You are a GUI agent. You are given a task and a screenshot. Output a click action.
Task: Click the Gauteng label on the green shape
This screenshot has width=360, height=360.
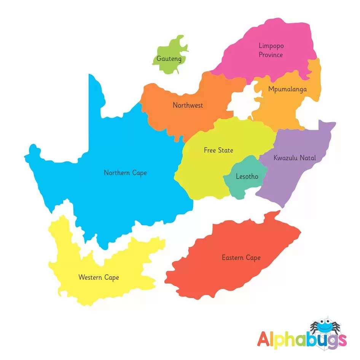[169, 59]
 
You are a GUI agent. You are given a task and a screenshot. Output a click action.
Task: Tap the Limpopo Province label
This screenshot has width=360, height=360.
[271, 50]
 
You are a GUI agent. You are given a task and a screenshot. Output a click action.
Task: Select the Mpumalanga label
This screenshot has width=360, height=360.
[287, 89]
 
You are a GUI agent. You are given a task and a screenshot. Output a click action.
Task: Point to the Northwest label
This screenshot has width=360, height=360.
[188, 105]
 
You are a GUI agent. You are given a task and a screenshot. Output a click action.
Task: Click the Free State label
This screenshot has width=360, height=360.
[218, 150]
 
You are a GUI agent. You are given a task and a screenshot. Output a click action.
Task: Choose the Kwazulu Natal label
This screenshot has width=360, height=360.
[295, 158]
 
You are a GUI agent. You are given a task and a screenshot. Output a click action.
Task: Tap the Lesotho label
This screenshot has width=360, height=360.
[247, 177]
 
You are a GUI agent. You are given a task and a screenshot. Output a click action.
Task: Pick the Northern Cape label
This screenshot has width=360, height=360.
[125, 173]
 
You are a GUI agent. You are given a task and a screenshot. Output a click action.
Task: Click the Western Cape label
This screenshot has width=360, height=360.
[99, 277]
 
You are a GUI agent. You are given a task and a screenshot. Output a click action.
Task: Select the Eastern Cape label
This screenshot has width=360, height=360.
[241, 258]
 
